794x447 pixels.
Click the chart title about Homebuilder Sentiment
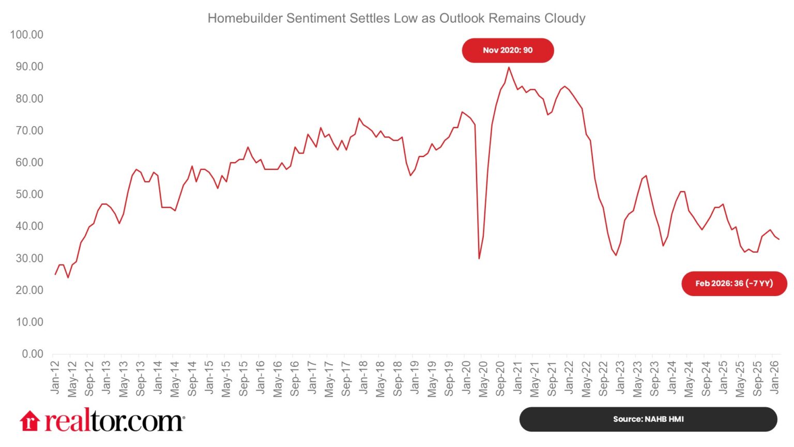[396, 19]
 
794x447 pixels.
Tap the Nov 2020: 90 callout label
[508, 50]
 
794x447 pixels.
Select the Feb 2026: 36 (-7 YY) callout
[734, 283]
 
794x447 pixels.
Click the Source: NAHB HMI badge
[648, 419]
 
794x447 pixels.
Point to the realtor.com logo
[102, 421]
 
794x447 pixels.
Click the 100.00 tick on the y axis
[26, 35]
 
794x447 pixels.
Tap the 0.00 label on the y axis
[33, 354]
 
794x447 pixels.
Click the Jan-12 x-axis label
[55, 377]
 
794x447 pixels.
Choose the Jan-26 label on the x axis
[774, 377]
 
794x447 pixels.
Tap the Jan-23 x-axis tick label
[620, 377]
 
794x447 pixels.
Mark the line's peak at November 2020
[509, 67]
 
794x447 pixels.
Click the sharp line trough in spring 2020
[479, 258]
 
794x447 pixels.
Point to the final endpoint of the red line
[779, 239]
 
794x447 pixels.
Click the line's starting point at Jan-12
[55, 274]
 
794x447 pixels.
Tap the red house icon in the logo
[30, 421]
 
